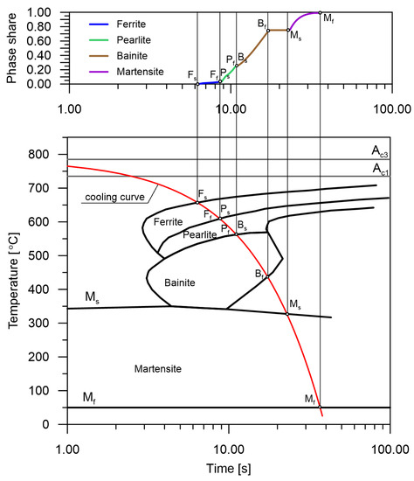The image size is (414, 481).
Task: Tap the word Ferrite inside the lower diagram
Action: (x=169, y=222)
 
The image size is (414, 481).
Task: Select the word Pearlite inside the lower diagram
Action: (x=200, y=234)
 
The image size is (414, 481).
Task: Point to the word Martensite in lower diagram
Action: (x=158, y=370)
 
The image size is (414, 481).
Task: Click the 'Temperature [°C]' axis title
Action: (x=13, y=279)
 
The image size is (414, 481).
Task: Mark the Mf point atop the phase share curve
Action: (x=321, y=13)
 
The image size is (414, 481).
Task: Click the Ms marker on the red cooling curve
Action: (x=287, y=314)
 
